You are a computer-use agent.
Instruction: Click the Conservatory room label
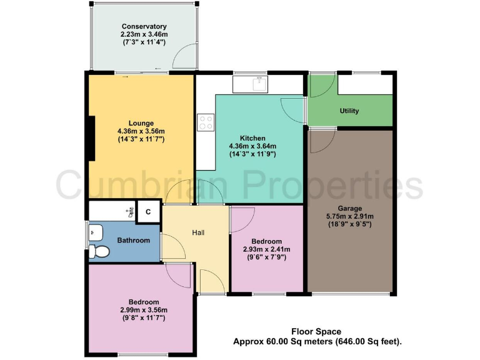144,26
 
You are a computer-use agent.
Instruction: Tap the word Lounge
141,123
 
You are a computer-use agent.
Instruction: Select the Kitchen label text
253,138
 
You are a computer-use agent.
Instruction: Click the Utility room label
349,111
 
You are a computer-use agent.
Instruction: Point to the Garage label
349,207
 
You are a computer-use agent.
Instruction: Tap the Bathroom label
134,241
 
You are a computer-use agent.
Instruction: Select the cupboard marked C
148,212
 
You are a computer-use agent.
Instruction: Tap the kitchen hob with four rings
206,122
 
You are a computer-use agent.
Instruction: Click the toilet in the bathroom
99,251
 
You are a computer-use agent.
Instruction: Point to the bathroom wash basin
93,232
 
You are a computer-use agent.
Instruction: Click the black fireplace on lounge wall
91,139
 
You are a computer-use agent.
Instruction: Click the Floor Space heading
317,332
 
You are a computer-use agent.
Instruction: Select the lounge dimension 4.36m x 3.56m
141,131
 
